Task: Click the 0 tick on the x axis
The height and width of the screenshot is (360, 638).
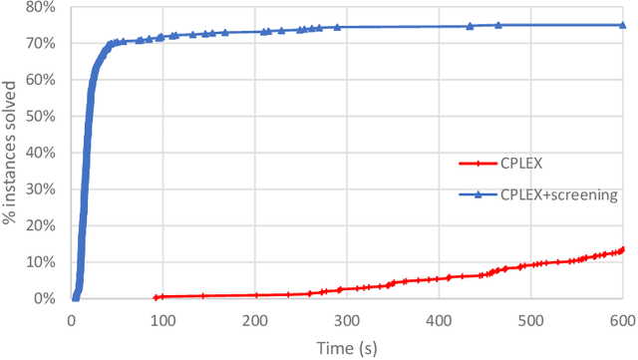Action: pos(71,318)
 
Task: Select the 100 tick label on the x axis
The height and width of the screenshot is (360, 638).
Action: pos(162,318)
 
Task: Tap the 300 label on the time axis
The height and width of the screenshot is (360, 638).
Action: pos(347,318)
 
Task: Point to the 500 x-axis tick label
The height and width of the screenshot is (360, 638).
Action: pos(530,318)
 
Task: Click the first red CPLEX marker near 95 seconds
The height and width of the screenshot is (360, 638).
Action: pos(158,296)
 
